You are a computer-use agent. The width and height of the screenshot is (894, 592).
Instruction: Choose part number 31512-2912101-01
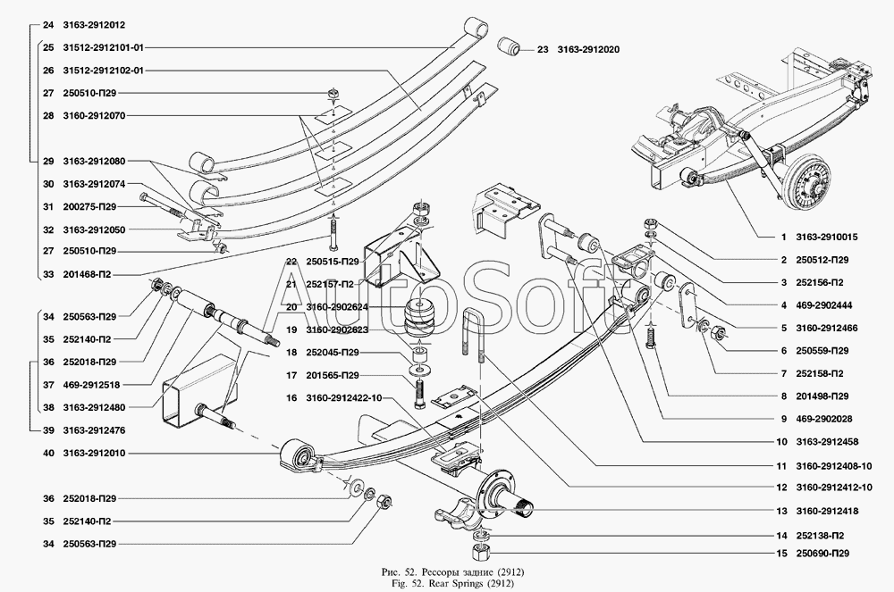(104, 46)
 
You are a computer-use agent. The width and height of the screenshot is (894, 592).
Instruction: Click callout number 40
(46, 453)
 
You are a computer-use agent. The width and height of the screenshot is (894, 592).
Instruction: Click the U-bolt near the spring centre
(475, 339)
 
